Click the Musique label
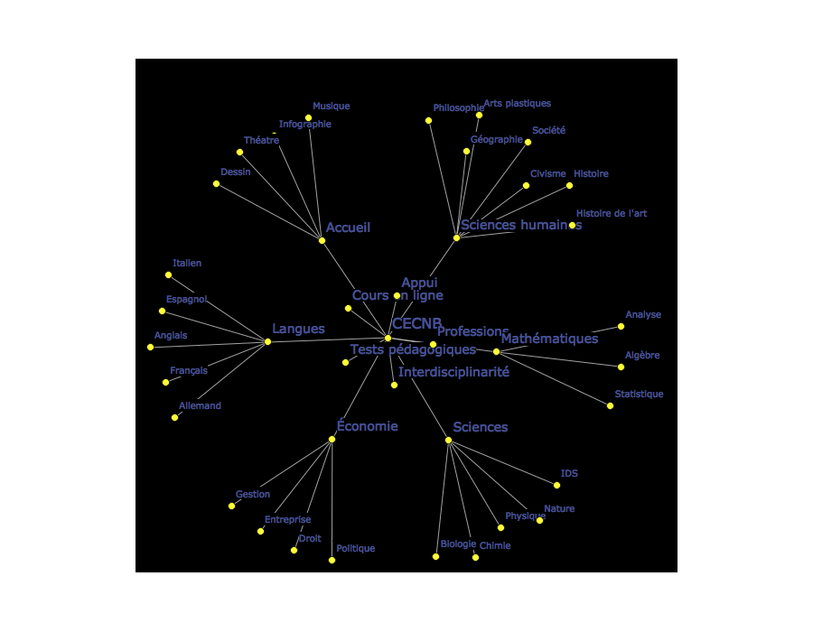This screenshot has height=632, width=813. tap(331, 107)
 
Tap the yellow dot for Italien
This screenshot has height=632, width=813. tap(168, 274)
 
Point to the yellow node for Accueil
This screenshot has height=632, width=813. tap(322, 240)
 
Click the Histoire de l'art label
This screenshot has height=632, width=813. tap(611, 214)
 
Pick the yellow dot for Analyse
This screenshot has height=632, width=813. tap(621, 327)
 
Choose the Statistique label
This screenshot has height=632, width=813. tap(639, 395)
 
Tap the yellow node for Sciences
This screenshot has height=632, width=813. tap(449, 441)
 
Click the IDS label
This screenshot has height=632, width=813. tap(569, 473)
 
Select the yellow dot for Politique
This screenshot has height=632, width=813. tap(332, 561)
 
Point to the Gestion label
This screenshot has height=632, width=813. tap(253, 495)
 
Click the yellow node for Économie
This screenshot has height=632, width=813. tap(332, 440)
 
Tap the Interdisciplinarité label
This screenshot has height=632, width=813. tap(453, 372)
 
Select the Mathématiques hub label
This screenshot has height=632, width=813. tap(549, 339)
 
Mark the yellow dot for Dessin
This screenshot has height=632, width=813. tap(216, 184)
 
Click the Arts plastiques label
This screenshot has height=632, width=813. tap(517, 104)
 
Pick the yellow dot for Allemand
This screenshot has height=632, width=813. tap(175, 417)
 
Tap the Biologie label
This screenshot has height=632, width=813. tap(458, 544)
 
